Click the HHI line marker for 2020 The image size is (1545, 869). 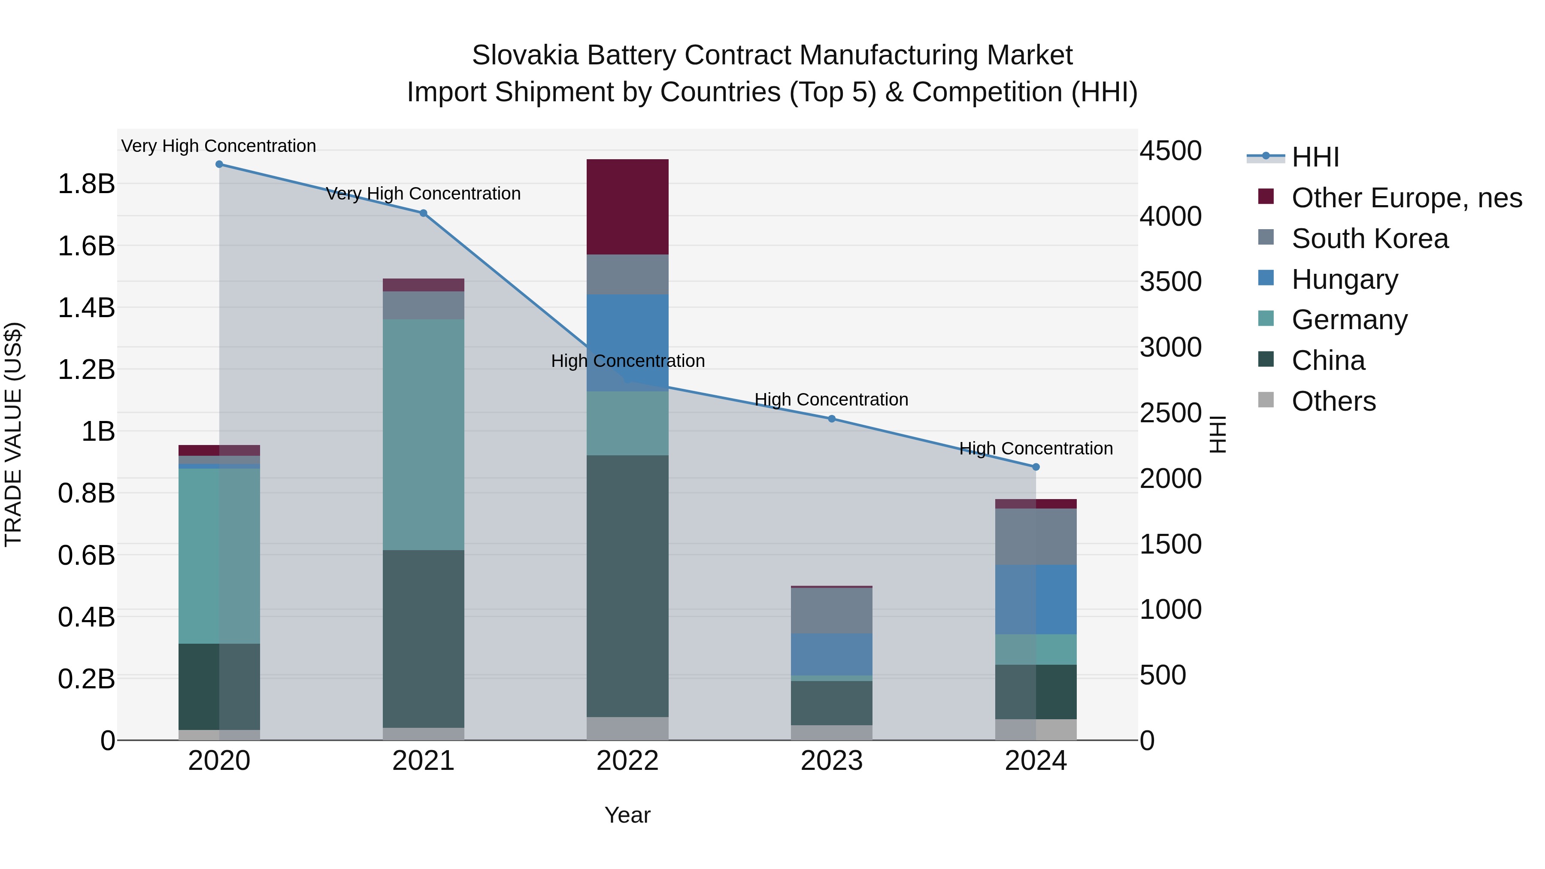point(219,164)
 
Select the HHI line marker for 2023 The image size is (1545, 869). point(831,418)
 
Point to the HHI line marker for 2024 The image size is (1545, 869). point(1036,466)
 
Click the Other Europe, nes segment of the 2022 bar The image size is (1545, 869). point(627,207)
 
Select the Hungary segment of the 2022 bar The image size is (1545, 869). point(627,336)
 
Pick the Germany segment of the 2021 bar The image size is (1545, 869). point(424,434)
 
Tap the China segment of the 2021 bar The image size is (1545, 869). point(424,638)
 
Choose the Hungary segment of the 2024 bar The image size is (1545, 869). point(1036,599)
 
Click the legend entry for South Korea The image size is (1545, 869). point(1370,239)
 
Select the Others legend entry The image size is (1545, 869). point(1333,401)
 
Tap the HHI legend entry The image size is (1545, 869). point(1315,157)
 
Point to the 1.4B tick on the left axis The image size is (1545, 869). point(86,308)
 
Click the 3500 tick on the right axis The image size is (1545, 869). point(1170,282)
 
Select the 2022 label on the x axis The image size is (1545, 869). point(627,761)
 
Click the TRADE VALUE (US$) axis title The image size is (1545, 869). point(14,434)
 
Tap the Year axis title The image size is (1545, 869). point(627,815)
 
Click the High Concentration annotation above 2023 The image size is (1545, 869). point(831,400)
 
